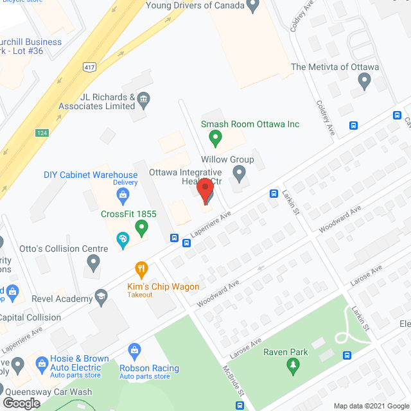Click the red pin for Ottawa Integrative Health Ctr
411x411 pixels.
[x=205, y=191]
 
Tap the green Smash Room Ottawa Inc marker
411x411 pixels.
[x=216, y=137]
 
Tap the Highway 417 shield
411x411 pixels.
[x=89, y=67]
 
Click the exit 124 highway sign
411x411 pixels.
[x=43, y=133]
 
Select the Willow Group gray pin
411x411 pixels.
[x=239, y=173]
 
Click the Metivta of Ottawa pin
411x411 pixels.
[x=365, y=82]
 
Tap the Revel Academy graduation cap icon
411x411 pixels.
[x=101, y=297]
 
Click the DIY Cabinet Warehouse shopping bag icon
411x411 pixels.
[x=125, y=195]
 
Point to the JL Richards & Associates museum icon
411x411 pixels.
[x=143, y=98]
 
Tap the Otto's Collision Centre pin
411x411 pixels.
[x=93, y=261]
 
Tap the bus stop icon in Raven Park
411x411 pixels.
[x=347, y=355]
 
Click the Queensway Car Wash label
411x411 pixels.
[x=49, y=392]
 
